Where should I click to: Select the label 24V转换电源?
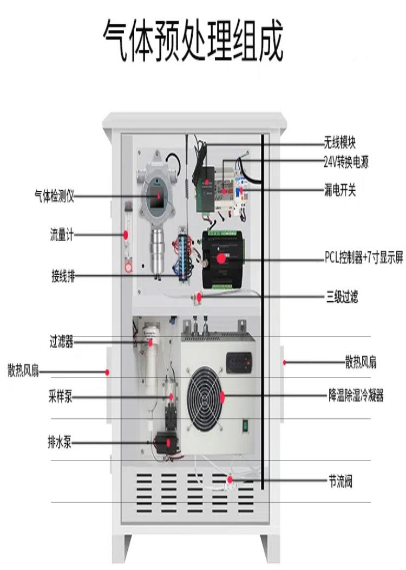point(346,162)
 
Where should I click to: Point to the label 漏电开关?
point(340,190)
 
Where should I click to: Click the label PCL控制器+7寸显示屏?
point(364,258)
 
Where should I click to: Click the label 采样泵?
point(60,397)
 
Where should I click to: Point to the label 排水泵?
point(60,443)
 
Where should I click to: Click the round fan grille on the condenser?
point(205,398)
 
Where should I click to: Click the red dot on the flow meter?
point(126,235)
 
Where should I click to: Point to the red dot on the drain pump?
point(169,442)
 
